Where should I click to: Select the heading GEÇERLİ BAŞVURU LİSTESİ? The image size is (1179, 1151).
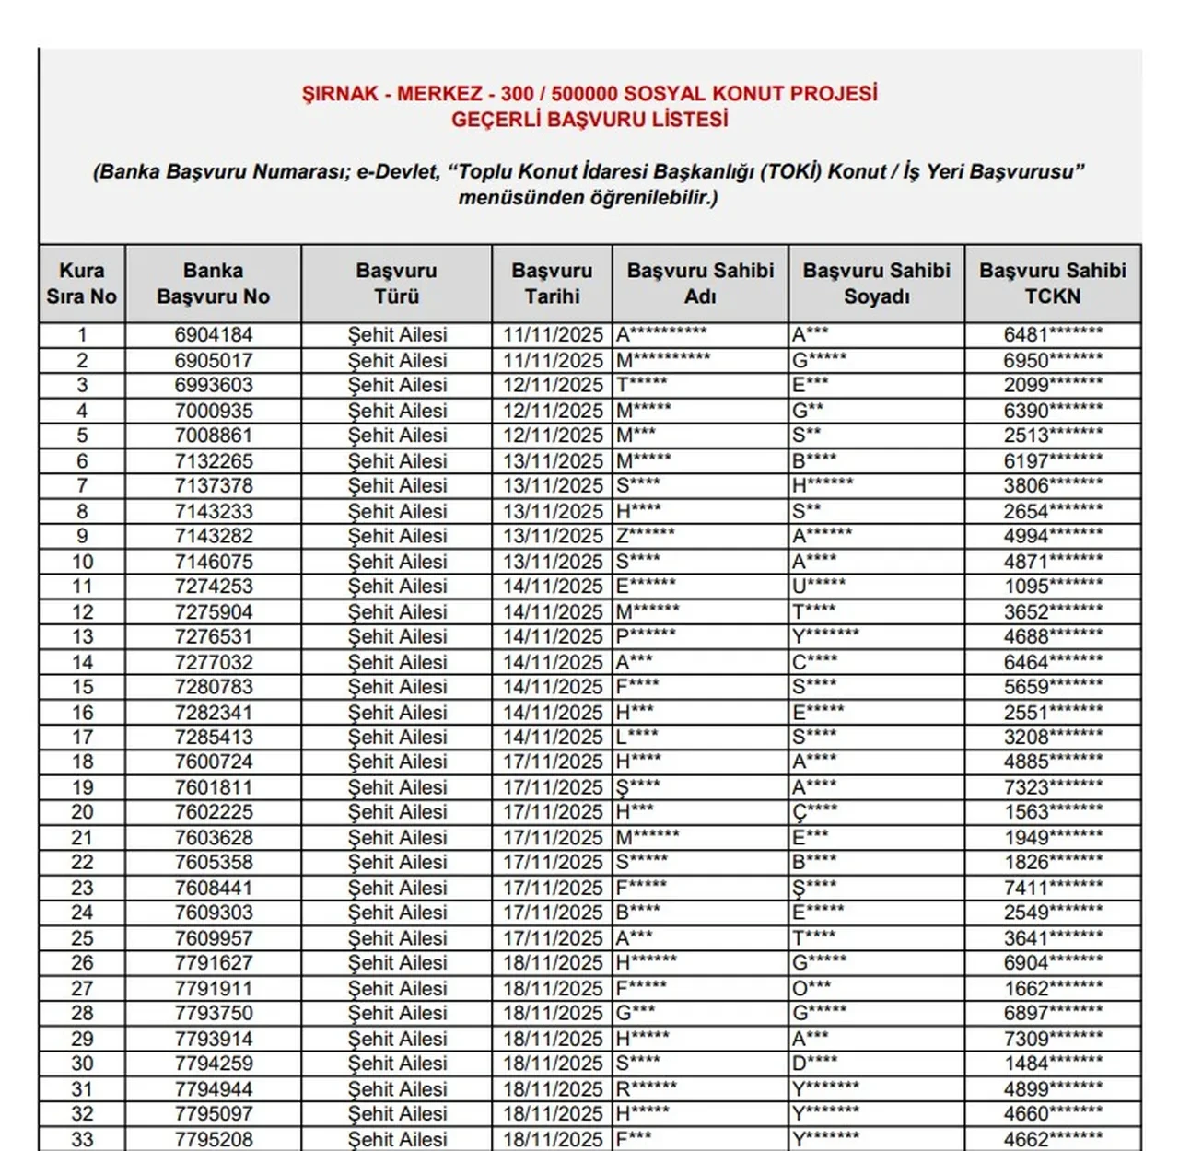pyautogui.click(x=589, y=120)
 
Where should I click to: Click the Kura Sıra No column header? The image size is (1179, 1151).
pyautogui.click(x=82, y=284)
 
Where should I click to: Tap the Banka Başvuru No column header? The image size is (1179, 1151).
pyautogui.click(x=213, y=284)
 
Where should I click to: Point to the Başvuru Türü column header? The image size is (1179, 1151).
pyautogui.click(x=396, y=284)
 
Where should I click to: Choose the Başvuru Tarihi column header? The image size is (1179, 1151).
pyautogui.click(x=552, y=284)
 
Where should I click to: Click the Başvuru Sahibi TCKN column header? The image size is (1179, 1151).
pyautogui.click(x=1052, y=284)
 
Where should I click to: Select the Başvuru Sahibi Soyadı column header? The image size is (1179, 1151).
pyautogui.click(x=876, y=284)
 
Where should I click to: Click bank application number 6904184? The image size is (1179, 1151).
pyautogui.click(x=213, y=335)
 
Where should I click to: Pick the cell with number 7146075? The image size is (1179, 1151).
pyautogui.click(x=213, y=562)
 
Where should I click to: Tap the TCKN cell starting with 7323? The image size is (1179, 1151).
pyautogui.click(x=1052, y=787)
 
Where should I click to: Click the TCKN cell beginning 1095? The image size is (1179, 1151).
pyautogui.click(x=1052, y=587)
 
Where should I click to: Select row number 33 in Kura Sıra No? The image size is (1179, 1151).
pyautogui.click(x=82, y=1139)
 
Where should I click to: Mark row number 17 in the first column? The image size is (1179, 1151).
pyautogui.click(x=82, y=738)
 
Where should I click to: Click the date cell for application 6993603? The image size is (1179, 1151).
pyautogui.click(x=552, y=386)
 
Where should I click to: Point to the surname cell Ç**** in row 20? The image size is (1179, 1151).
pyautogui.click(x=815, y=812)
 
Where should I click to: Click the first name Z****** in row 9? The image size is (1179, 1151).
pyautogui.click(x=645, y=536)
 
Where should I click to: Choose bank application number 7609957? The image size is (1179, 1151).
pyautogui.click(x=213, y=938)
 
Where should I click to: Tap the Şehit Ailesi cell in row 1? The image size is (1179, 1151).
pyautogui.click(x=396, y=335)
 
